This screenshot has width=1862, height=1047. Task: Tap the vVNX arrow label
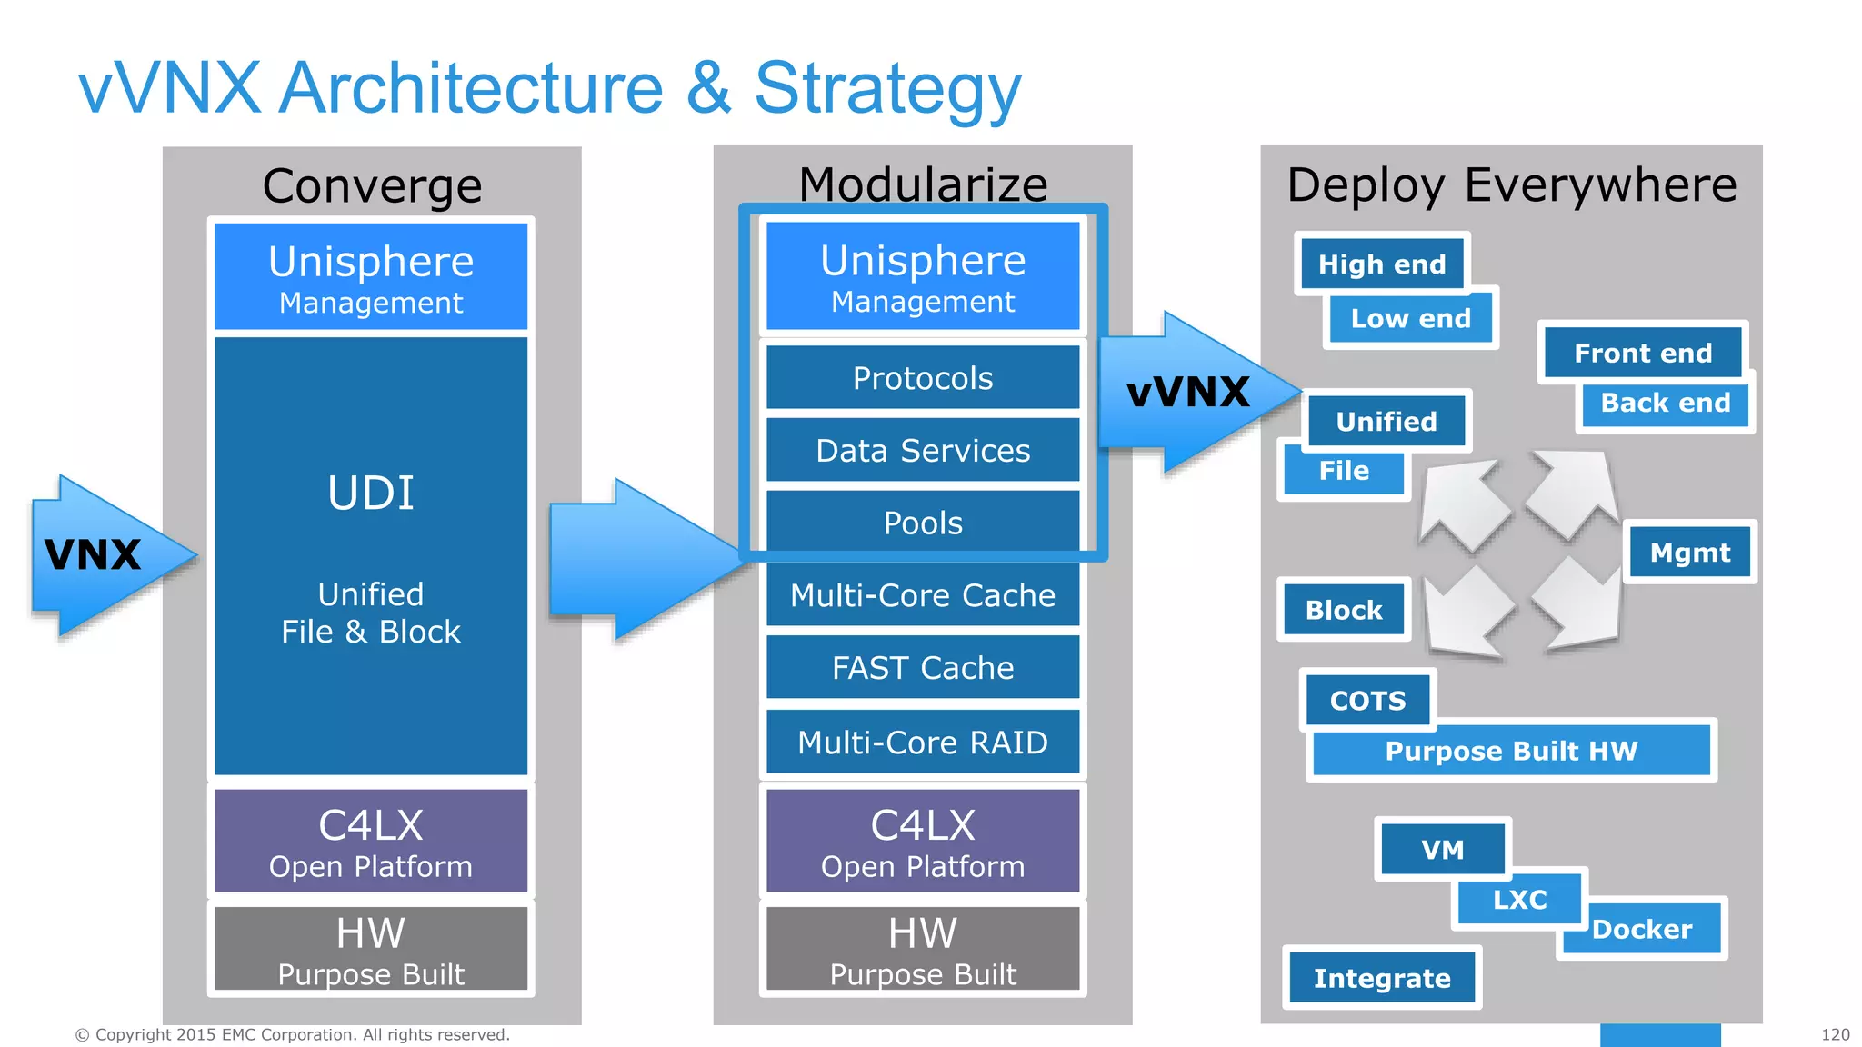(x=1188, y=393)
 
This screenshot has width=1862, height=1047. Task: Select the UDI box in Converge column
(x=371, y=555)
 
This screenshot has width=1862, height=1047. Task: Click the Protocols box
(x=923, y=378)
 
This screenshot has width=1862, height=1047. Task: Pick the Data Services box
(x=923, y=451)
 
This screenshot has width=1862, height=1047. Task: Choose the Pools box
(x=923, y=523)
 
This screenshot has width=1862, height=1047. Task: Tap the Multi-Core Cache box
(x=923, y=595)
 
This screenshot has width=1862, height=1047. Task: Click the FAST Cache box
(x=923, y=668)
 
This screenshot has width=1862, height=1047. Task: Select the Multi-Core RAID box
(x=923, y=742)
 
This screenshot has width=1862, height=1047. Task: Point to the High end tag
(x=1382, y=264)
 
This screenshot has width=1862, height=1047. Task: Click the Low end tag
(x=1410, y=319)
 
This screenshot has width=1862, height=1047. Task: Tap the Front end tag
(x=1643, y=353)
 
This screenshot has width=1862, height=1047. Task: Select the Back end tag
(x=1666, y=403)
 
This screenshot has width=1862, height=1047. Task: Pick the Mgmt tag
(x=1690, y=553)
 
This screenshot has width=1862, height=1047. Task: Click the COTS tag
(x=1367, y=701)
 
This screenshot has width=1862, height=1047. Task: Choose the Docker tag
(x=1642, y=930)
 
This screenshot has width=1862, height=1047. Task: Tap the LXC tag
(x=1519, y=900)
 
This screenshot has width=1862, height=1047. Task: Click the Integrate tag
(x=1382, y=978)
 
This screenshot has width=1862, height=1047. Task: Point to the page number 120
(x=1835, y=1034)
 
